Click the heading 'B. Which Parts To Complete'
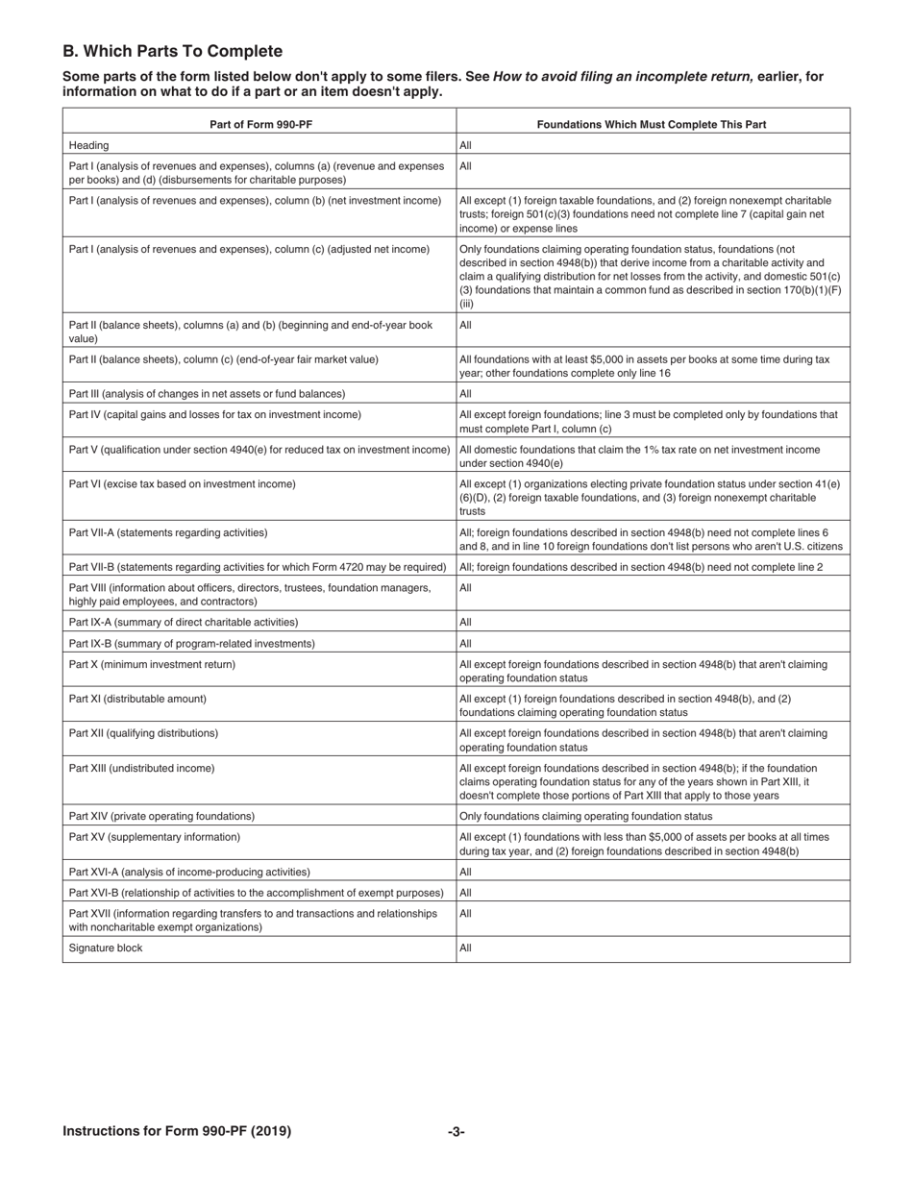tap(173, 52)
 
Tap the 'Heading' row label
tap(88, 145)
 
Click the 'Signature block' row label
tap(106, 948)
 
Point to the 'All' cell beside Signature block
tap(466, 948)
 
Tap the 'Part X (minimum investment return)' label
tap(152, 664)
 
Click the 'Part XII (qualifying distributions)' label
tap(143, 733)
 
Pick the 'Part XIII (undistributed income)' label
tap(141, 768)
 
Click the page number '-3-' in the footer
tap(456, 1131)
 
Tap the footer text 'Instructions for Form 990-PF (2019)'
tap(177, 1131)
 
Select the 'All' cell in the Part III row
tap(466, 393)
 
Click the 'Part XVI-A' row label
tap(189, 872)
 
